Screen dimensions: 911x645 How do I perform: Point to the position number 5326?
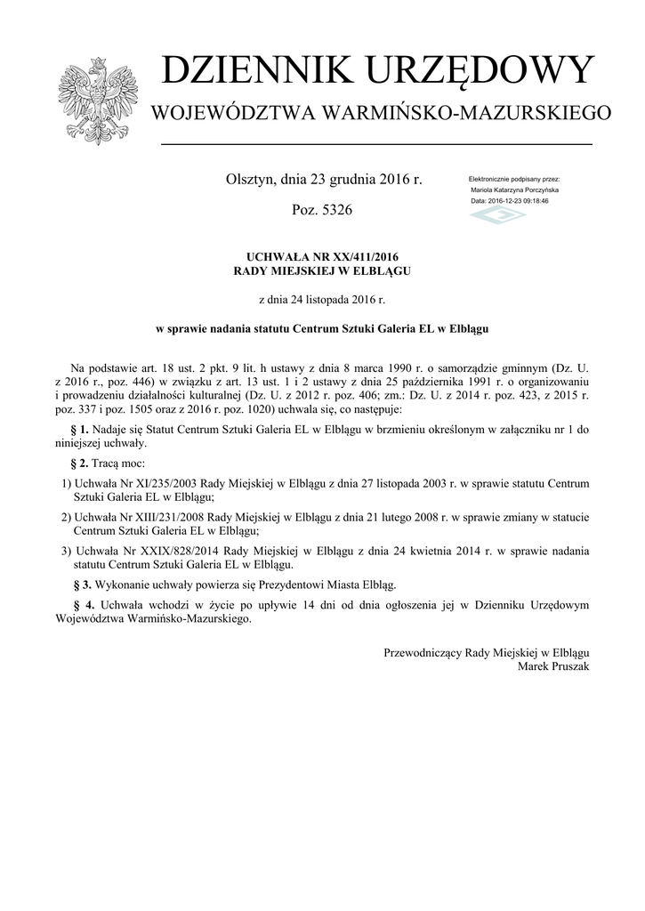[x=335, y=211]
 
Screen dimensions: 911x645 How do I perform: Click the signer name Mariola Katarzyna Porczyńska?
[x=515, y=190]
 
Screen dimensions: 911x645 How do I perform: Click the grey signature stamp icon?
[x=497, y=216]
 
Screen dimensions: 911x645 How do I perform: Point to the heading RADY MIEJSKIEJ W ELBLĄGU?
[x=322, y=270]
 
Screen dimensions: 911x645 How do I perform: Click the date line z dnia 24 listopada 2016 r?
[x=322, y=300]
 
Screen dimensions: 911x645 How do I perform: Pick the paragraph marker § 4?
[x=80, y=605]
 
